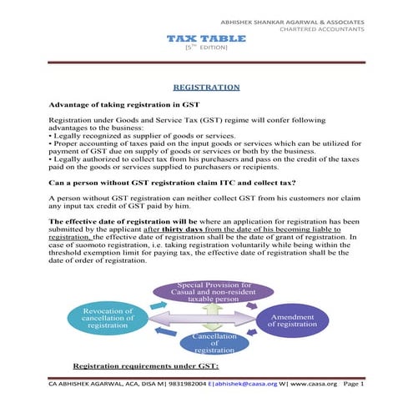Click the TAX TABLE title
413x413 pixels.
coord(205,39)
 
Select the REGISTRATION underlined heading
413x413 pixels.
coord(206,87)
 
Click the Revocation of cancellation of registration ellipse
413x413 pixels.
coord(104,319)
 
